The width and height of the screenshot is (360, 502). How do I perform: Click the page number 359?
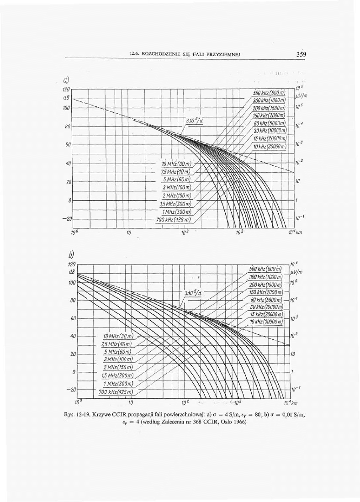(300, 54)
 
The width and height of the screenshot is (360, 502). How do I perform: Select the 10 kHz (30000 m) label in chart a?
(270, 147)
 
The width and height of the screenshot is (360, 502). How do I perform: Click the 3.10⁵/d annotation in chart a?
(194, 121)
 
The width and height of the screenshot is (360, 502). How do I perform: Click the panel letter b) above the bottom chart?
(72, 254)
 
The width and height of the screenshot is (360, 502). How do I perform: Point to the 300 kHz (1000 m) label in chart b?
(267, 277)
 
